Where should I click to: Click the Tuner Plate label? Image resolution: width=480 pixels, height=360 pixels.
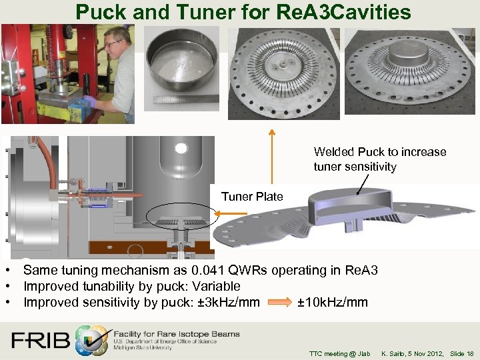252,196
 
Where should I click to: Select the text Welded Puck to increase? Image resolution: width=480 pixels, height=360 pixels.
380,152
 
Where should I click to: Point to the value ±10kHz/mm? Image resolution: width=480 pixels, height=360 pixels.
332,302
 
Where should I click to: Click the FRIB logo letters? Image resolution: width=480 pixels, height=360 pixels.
41,341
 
